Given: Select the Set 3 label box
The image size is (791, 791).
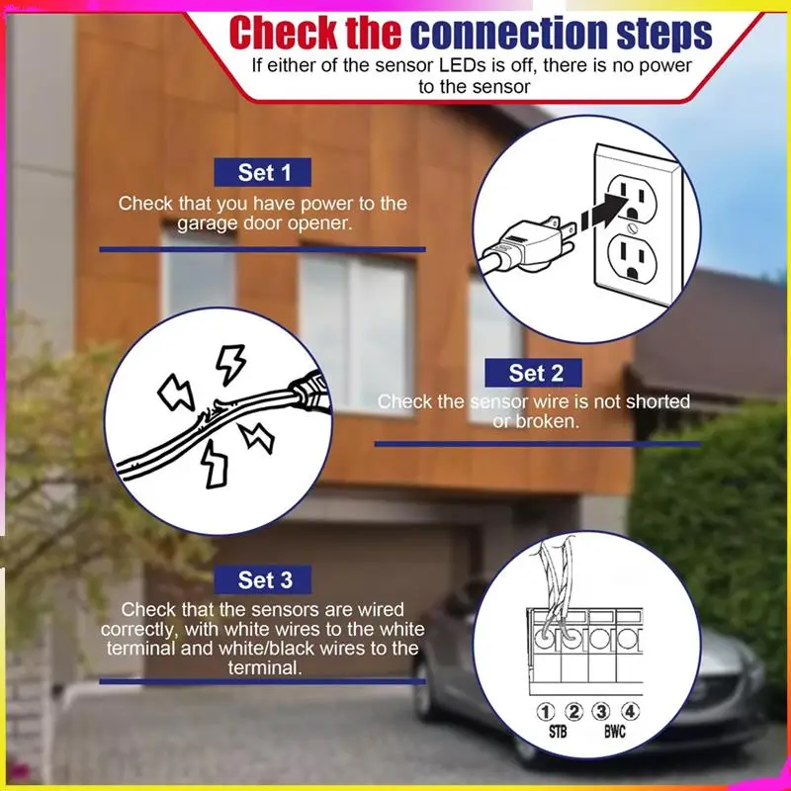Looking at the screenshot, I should coord(265,579).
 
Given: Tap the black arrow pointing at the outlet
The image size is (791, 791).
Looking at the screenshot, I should coord(599,208).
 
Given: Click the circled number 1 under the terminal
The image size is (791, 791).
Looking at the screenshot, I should coord(545,712).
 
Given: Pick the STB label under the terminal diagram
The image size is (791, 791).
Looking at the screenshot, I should coord(558,734).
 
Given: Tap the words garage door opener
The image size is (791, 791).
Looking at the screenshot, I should coord(265,223).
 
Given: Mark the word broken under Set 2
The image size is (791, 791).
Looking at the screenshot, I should coord(548,421).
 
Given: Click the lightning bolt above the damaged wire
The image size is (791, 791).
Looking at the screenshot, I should coord(230,364).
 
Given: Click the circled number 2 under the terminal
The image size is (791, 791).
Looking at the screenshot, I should coord(572,712).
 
